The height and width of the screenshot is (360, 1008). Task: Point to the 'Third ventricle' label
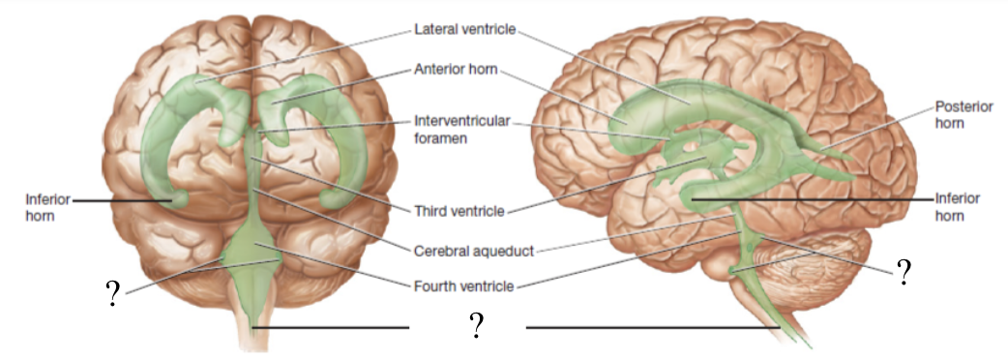(x=458, y=210)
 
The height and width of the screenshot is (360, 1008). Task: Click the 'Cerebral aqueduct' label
(x=473, y=250)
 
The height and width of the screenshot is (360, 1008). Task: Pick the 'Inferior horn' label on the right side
(x=958, y=207)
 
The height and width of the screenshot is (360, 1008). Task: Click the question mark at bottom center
(x=476, y=326)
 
